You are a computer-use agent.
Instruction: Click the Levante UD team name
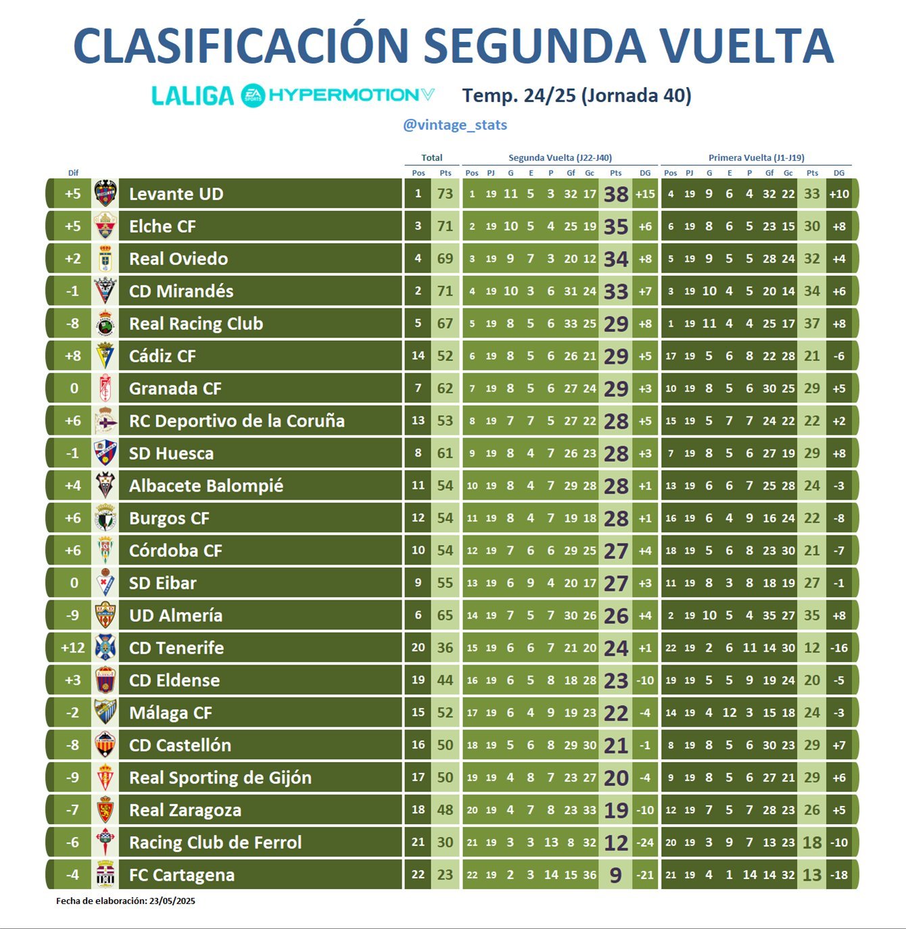pos(176,194)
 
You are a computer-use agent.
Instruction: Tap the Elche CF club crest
pos(105,226)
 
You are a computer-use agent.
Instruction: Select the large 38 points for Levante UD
pos(616,194)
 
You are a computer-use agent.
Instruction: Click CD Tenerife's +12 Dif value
pos(72,648)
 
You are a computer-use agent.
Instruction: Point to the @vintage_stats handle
pos(455,125)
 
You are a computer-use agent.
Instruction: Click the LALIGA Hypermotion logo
pos(293,95)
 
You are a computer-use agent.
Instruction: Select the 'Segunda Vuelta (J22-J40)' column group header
pos(560,158)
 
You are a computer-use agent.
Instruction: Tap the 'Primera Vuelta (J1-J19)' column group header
pos(756,158)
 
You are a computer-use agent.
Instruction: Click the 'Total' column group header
pos(431,158)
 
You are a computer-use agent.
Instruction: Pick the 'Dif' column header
pos(73,173)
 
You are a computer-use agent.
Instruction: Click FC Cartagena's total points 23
pos(445,875)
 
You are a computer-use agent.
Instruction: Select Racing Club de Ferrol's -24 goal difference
pos(645,842)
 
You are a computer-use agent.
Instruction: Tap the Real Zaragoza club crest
pos(105,809)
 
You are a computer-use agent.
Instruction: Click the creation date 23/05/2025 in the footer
pos(172,901)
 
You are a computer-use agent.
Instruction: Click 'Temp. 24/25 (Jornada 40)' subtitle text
pos(577,95)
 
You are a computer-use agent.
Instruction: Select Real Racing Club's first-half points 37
pos(812,324)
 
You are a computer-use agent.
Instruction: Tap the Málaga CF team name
pos(170,713)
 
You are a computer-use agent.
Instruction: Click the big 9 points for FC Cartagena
pos(616,875)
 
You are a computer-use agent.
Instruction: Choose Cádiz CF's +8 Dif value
pos(72,356)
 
